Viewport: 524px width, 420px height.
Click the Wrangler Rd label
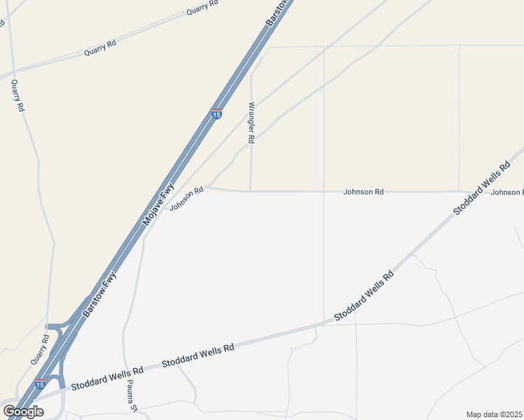251,123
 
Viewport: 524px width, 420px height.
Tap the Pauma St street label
130,396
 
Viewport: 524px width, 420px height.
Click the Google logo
23,412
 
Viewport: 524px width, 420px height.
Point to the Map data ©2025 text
495,414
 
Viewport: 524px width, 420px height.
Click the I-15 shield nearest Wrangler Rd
217,113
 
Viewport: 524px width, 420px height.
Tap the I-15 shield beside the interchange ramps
41,384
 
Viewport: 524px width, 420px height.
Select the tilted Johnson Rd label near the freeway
186,194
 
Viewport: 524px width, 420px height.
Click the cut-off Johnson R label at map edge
506,192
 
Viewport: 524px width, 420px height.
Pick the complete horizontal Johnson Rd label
364,191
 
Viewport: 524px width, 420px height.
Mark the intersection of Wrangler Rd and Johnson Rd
250,190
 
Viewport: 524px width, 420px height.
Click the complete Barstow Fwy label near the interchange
99,295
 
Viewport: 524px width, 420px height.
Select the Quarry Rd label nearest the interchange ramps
41,349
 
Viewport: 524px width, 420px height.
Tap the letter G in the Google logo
9,412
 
